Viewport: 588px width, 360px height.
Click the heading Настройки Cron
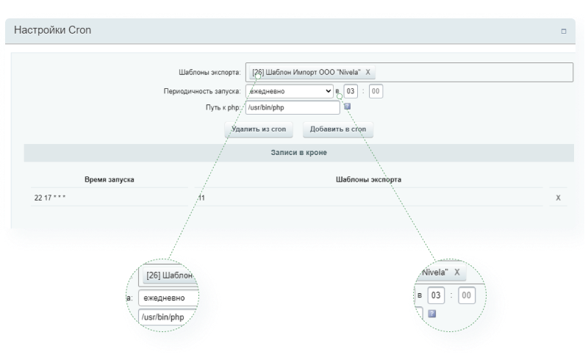(52, 30)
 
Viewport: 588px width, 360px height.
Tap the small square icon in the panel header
(563, 32)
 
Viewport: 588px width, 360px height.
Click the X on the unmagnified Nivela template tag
(368, 73)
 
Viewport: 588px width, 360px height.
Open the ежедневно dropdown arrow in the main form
(328, 91)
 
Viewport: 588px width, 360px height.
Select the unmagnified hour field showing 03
(351, 91)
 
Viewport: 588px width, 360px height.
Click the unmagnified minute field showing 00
(376, 91)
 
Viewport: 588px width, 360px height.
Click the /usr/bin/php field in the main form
(293, 107)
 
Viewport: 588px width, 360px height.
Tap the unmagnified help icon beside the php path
(347, 107)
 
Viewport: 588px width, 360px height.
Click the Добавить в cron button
(338, 129)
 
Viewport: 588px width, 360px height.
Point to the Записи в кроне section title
(299, 153)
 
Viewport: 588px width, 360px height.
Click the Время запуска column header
(109, 179)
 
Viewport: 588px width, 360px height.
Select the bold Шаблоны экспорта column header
(368, 179)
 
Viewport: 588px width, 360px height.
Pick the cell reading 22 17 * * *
(50, 198)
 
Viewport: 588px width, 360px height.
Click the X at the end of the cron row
(558, 198)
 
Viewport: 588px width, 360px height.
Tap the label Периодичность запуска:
(202, 91)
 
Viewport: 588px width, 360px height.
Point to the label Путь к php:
(223, 107)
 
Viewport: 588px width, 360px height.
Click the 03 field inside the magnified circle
(436, 295)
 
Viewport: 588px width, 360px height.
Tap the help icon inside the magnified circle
(432, 314)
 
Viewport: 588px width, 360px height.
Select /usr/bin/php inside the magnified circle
(162, 317)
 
